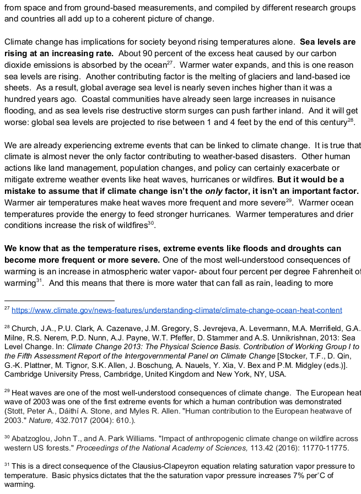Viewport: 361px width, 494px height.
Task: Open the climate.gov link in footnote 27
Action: pyautogui.click(x=176, y=310)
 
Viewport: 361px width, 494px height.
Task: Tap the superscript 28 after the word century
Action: pyautogui.click(x=350, y=120)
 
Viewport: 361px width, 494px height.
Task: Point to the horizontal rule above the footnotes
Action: pyautogui.click(x=59, y=301)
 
